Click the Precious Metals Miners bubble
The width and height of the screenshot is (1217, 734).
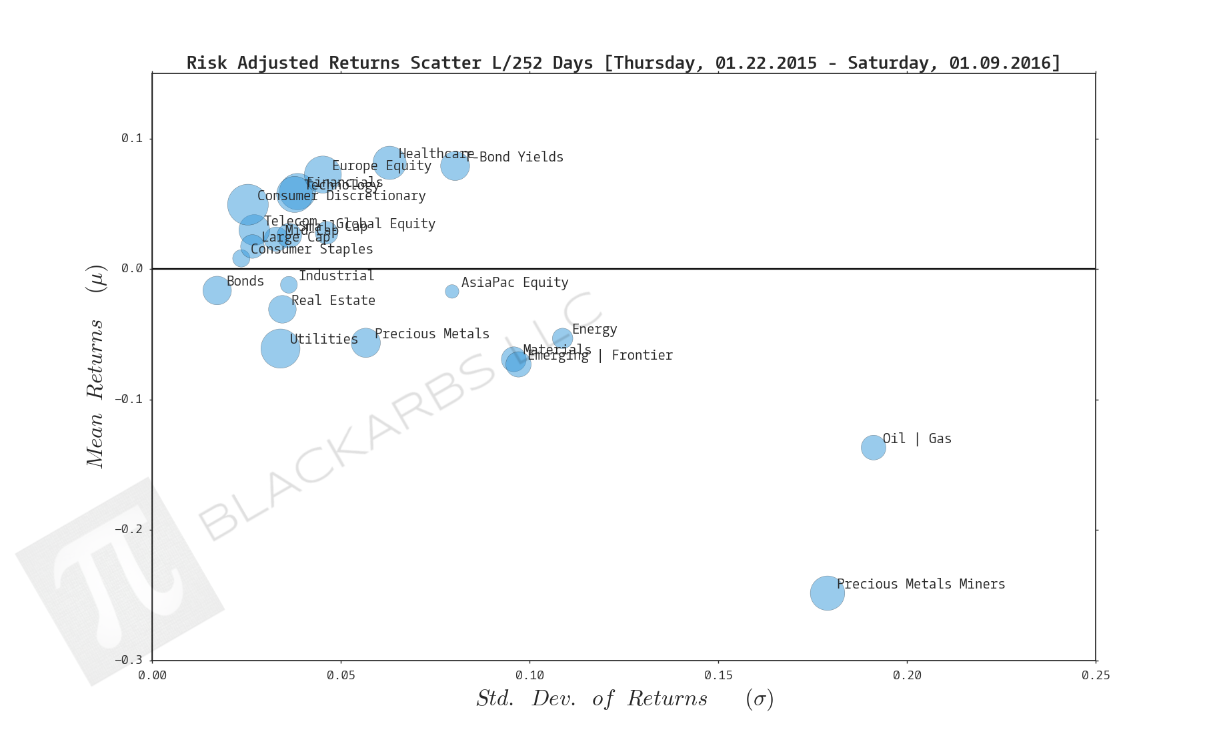pos(827,593)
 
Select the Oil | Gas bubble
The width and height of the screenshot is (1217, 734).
pos(873,447)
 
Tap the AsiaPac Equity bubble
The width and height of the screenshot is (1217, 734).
pos(451,291)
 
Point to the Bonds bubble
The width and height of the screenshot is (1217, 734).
pos(217,290)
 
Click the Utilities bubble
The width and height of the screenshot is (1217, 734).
pos(280,348)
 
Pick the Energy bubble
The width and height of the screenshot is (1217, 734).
pos(562,338)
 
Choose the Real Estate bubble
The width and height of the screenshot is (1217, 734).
pos(282,309)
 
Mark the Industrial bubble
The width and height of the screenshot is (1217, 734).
pos(289,285)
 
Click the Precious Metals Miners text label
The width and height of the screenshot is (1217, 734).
pos(920,585)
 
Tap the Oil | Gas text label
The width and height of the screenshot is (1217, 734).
pos(917,439)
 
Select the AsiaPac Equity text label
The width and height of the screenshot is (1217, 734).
pos(515,283)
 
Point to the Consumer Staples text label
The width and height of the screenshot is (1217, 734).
pos(312,250)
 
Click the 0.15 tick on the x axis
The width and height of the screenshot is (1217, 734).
pos(718,661)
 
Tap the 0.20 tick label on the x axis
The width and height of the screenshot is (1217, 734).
pos(907,676)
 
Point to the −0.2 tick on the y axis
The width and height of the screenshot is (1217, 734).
pos(153,530)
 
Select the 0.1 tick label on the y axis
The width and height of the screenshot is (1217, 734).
pos(132,139)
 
